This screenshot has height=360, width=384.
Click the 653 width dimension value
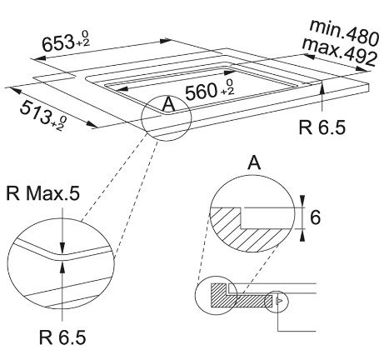57,43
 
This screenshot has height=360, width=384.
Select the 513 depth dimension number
35,112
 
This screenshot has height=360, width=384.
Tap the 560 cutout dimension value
201,92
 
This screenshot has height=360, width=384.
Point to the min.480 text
344,32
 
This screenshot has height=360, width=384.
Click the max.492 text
340,52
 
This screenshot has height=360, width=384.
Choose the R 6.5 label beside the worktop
322,127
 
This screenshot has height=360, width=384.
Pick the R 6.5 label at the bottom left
62,337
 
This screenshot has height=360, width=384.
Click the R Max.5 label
42,193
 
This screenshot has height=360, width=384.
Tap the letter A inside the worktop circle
168,105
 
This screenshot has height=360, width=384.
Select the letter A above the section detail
254,162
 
